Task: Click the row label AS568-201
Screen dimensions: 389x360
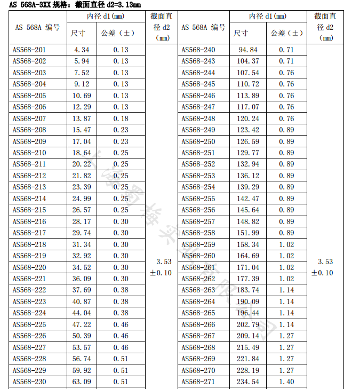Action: coord(29,50)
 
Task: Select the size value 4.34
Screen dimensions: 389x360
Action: coord(81,50)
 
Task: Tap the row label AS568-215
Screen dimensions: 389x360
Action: coord(29,210)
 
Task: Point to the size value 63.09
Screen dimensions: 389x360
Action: coord(81,382)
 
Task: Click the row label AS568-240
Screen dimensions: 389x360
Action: coord(198,50)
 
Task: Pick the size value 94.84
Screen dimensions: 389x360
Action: coord(247,50)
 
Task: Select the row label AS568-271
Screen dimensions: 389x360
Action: coord(198,382)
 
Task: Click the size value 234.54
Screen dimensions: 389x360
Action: coord(247,382)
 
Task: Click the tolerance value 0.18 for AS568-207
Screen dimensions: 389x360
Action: coord(121,118)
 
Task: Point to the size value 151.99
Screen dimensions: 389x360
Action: coord(247,233)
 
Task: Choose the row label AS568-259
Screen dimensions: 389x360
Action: coord(198,244)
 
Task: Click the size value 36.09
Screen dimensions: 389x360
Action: coord(81,279)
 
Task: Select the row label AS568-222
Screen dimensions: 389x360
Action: coord(29,290)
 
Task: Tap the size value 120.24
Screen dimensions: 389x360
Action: coord(247,118)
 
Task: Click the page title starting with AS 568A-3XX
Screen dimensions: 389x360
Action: coord(75,5)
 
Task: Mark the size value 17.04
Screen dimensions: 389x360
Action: coord(81,141)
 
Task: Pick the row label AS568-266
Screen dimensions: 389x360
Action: coord(198,324)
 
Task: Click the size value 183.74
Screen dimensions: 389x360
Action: coord(247,290)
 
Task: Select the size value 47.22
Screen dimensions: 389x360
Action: coord(81,324)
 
